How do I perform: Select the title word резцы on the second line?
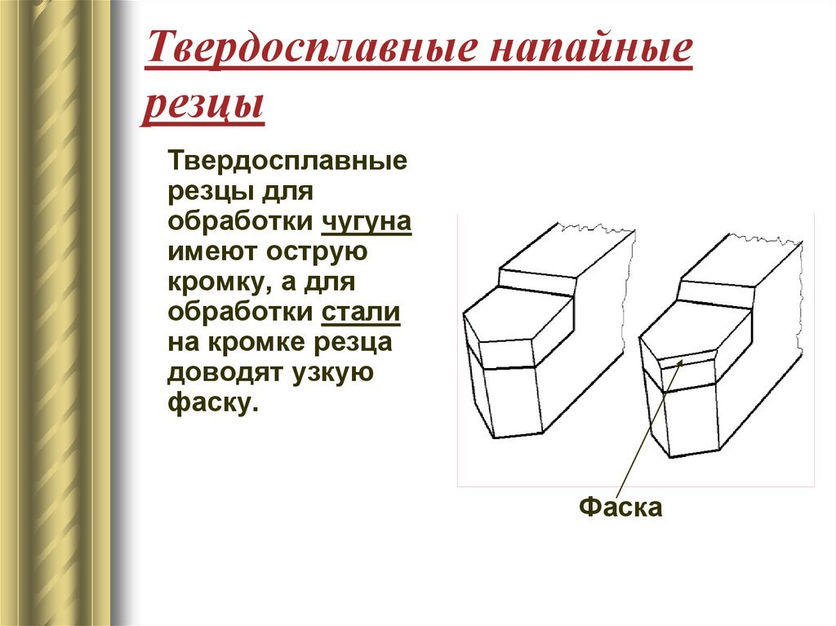tap(204, 106)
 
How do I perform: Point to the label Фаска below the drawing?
tap(620, 507)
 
